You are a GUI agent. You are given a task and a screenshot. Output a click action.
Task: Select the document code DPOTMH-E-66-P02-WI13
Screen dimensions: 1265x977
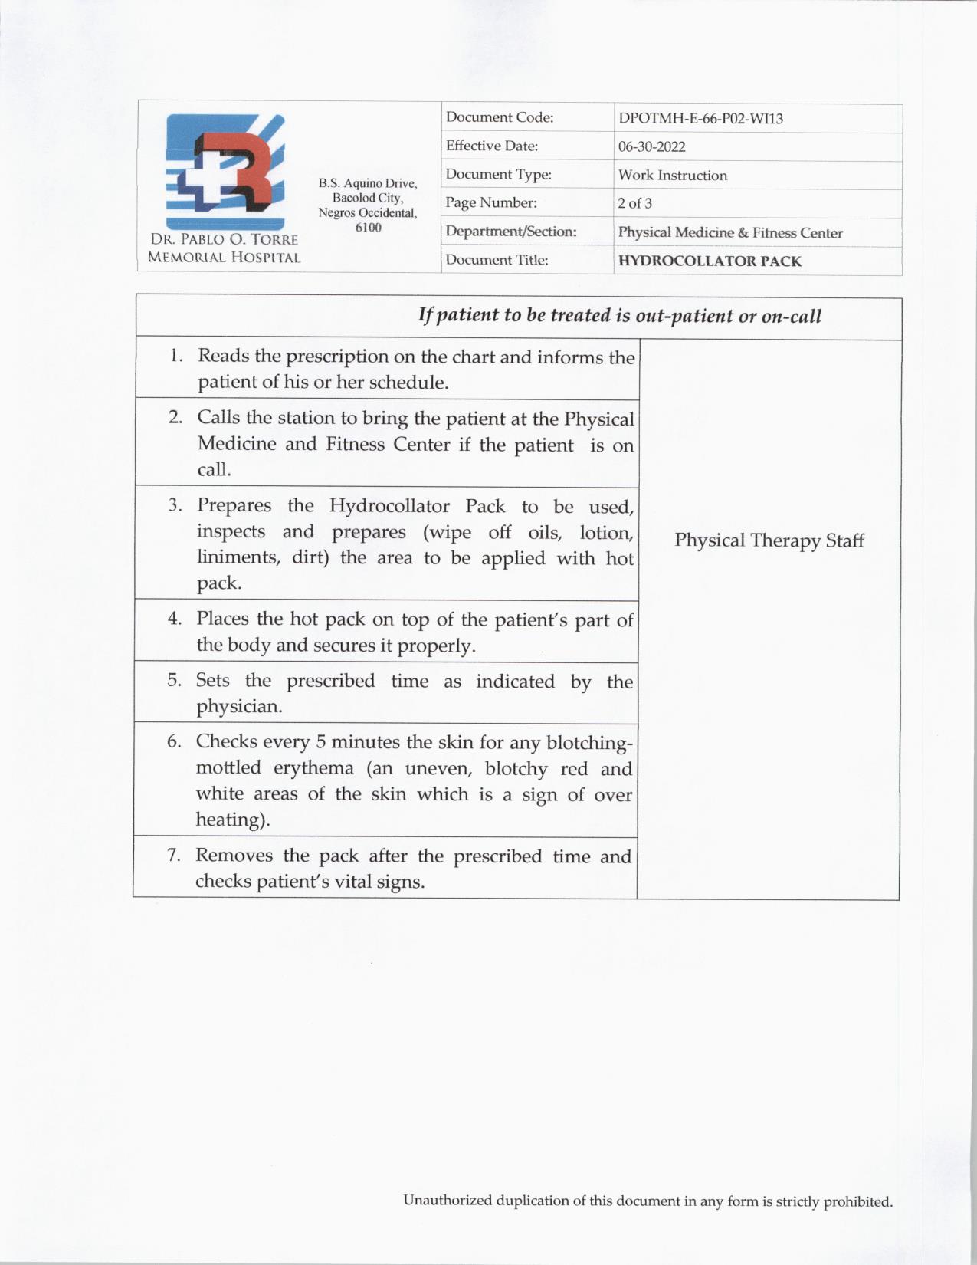coord(700,119)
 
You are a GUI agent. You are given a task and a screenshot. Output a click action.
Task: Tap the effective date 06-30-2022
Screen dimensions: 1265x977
coord(651,146)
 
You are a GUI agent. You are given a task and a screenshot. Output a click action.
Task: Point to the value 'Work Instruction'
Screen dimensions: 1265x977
coord(672,175)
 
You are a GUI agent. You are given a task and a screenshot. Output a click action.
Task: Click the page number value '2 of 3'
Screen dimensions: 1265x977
coord(634,203)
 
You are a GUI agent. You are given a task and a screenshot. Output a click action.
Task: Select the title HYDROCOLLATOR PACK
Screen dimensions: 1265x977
coord(710,261)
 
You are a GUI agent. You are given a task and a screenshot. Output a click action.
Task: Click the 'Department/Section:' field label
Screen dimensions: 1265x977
coord(510,232)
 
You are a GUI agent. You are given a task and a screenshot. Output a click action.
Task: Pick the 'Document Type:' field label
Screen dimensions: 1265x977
coord(498,175)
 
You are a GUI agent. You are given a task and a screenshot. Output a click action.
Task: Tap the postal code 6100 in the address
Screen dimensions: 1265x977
coord(368,228)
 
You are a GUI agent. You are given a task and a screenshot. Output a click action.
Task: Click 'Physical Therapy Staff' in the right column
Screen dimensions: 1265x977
coord(769,540)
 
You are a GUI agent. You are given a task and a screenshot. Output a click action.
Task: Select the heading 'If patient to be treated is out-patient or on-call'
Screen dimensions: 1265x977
coord(619,316)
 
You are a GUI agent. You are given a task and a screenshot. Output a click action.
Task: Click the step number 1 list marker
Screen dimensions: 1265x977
coord(176,356)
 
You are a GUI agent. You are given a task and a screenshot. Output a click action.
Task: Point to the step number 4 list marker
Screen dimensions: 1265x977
coord(175,619)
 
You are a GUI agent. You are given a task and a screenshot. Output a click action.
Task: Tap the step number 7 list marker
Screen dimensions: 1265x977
coord(174,855)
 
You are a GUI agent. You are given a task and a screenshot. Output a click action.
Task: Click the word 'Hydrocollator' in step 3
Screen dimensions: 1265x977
coord(389,506)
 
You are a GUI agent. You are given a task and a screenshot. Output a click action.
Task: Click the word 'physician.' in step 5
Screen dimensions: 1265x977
coord(239,706)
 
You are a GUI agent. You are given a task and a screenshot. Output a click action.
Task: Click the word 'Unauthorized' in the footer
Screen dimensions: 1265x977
coord(448,1201)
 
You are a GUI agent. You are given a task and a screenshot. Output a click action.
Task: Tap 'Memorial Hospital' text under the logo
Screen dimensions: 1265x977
coord(224,258)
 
